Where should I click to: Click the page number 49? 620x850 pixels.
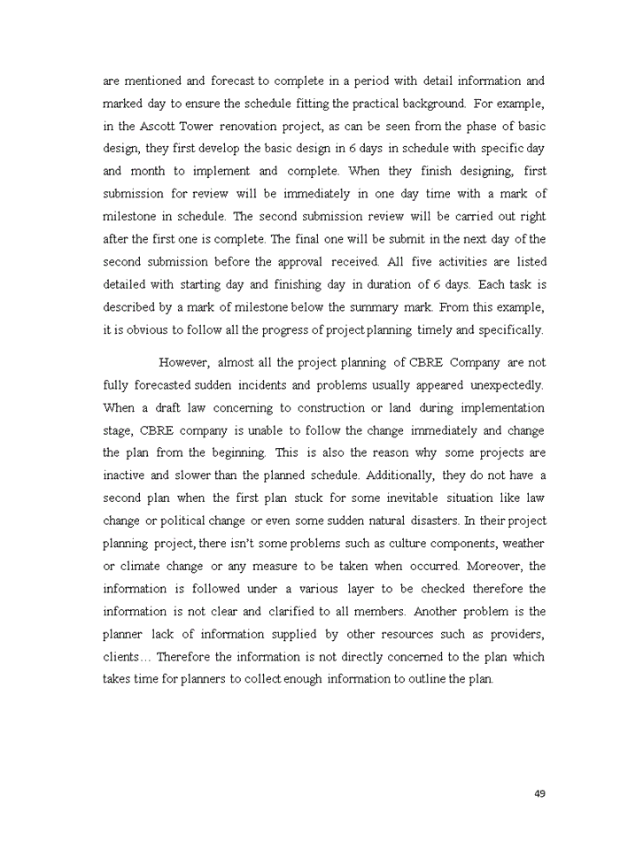(x=539, y=792)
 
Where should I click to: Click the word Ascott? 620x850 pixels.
(x=158, y=125)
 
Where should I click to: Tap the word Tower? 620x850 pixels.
(x=201, y=125)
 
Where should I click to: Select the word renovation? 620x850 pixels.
(x=257, y=125)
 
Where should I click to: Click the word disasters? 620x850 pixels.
(x=426, y=521)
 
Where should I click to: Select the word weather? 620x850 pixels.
(x=523, y=544)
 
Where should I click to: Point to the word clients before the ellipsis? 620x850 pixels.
(x=122, y=657)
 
